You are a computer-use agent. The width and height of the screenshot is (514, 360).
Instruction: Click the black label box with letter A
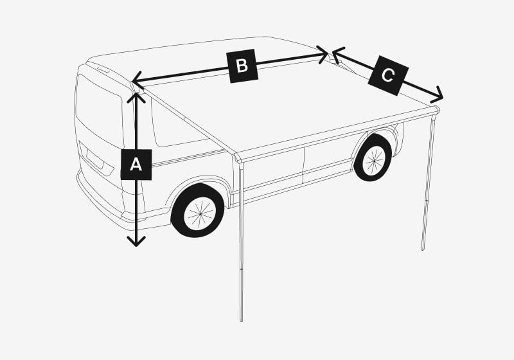pos(136,165)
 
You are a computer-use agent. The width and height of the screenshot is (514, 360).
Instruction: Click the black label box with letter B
pos(242,66)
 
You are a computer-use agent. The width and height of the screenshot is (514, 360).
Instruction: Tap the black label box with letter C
pos(388,76)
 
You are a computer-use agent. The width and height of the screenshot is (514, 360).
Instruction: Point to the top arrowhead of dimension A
pos(136,96)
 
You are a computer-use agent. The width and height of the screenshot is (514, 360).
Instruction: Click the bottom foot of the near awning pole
pos(241,319)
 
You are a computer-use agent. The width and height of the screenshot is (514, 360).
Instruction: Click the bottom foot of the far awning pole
pos(423,248)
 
